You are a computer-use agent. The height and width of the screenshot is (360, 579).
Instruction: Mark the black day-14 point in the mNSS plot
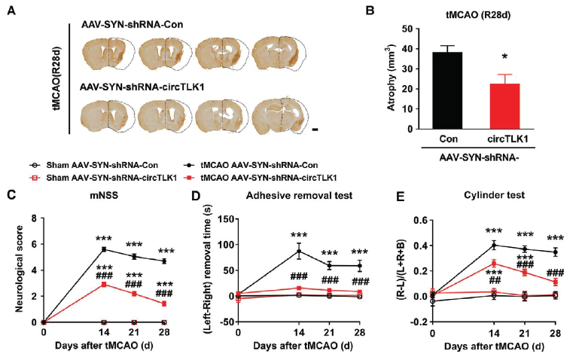(x=102, y=249)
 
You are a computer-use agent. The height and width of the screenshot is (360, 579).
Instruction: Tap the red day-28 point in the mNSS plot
(x=164, y=304)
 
